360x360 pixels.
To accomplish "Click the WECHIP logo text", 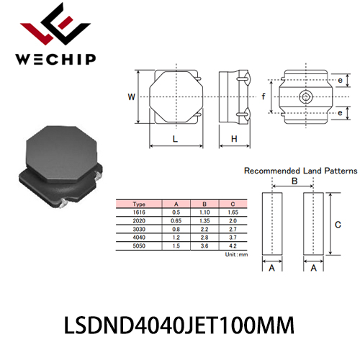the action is coord(55,59).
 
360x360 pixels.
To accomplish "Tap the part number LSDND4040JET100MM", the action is coord(179,325).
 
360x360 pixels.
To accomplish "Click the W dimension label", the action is coord(131,97).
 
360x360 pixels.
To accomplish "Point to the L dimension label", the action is coord(175,139).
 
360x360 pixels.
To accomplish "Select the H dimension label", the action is coord(234,139).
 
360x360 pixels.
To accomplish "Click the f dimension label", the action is coord(264,96).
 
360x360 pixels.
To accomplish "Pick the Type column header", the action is coord(139,204).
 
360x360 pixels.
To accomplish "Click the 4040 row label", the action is coord(139,238).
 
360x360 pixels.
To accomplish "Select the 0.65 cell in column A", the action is coord(176,220).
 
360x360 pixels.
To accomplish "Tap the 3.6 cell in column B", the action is coord(204,246).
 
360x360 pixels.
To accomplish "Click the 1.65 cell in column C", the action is coord(233,212).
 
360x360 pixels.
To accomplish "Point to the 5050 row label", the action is coord(139,246).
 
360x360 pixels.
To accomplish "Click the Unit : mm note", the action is coord(236,254).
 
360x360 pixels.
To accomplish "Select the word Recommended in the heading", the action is coord(272,171).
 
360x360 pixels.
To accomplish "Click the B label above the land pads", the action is coord(294,181).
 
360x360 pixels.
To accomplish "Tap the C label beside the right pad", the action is coord(338,225).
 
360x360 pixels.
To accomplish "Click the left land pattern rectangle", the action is coord(272,224).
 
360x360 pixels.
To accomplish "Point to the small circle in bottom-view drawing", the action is coord(306,97).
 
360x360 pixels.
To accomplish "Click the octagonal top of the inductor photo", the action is coord(61,153).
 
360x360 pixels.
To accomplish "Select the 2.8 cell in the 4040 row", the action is coord(204,238).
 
